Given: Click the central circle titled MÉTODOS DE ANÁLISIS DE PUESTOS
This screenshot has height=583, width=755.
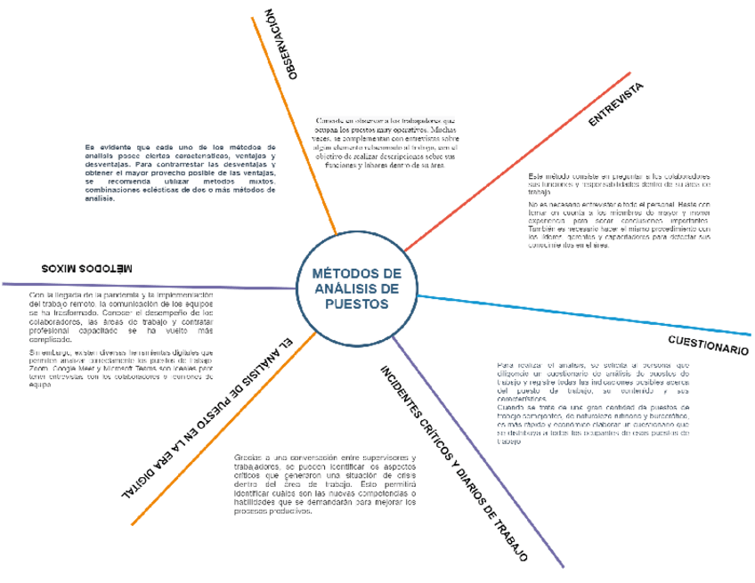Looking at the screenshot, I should pyautogui.click(x=356, y=289).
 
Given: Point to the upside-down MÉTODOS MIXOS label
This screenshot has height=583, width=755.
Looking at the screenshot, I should pyautogui.click(x=85, y=267).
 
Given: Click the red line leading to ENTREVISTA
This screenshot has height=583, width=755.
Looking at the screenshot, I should pyautogui.click(x=516, y=160).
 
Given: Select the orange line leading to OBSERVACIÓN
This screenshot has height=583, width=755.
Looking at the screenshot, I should pyautogui.click(x=294, y=125).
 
